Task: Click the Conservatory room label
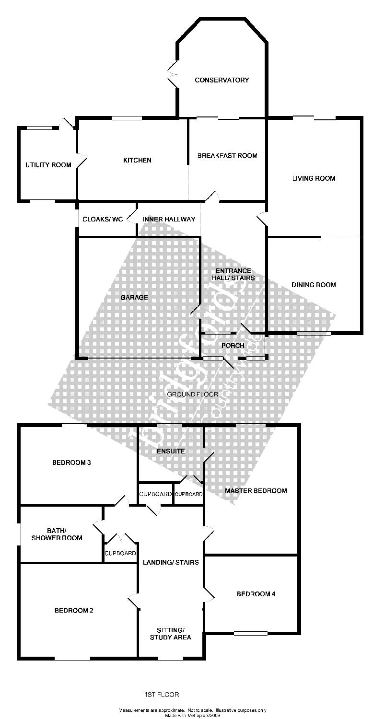(222, 80)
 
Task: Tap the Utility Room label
(48, 165)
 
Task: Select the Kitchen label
(137, 160)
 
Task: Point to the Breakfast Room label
(227, 155)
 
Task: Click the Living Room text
(314, 178)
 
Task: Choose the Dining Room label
(314, 285)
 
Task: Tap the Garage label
(134, 298)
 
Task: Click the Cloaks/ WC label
(103, 220)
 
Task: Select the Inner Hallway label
(169, 220)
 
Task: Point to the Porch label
(233, 346)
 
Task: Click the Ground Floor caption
(192, 394)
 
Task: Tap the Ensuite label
(171, 451)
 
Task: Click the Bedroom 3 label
(71, 463)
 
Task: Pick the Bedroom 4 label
(256, 594)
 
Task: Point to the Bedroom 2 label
(73, 611)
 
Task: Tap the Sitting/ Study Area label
(170, 633)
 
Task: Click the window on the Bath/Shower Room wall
(19, 534)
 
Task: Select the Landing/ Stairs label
(171, 562)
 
